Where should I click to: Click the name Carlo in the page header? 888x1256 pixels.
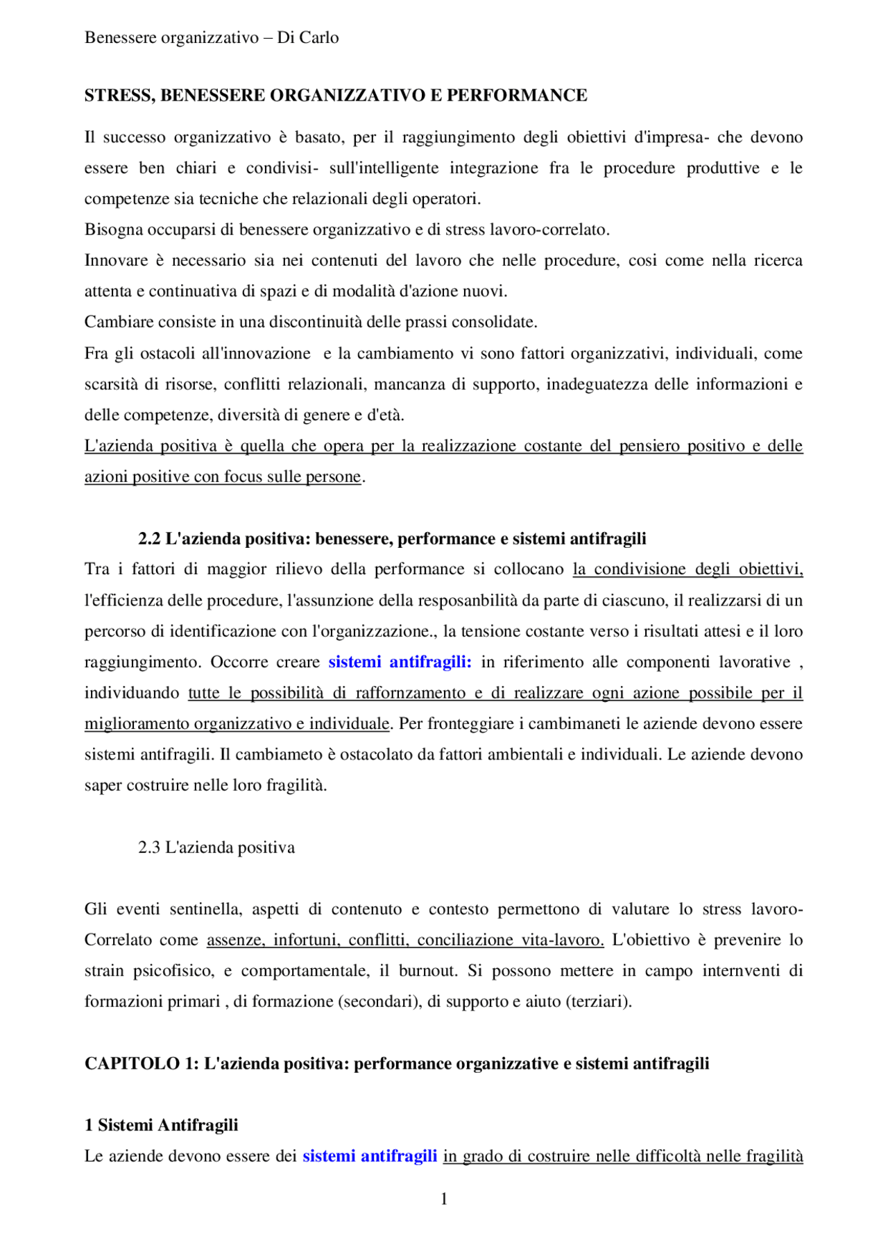tap(318, 37)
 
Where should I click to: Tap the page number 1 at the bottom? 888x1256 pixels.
tap(444, 1198)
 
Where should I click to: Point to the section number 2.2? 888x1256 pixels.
tap(149, 539)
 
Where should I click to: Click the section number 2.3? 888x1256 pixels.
tap(149, 848)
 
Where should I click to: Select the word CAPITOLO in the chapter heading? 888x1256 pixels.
tap(132, 1064)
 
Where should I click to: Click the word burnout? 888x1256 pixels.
tap(428, 971)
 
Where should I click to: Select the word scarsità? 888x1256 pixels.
tap(111, 384)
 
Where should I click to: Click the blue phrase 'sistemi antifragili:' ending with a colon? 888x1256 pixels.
tap(400, 662)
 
